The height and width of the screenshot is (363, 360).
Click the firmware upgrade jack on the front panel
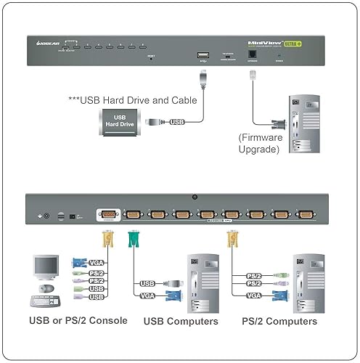click(252, 54)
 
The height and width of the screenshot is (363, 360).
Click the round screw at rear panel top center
click(195, 197)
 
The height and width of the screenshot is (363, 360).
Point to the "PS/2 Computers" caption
click(279, 321)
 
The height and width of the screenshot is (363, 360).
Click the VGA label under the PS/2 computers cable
click(253, 295)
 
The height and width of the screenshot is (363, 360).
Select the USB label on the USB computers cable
click(147, 284)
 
